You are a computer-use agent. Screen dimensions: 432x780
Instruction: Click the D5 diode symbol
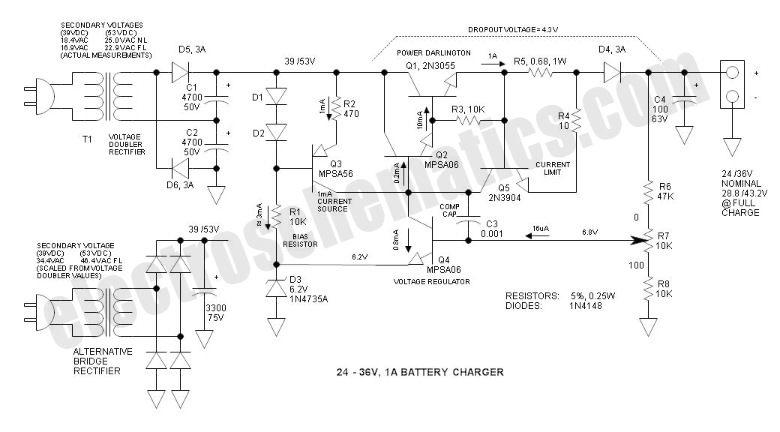point(180,72)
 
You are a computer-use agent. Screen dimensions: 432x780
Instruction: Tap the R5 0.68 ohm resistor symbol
point(539,73)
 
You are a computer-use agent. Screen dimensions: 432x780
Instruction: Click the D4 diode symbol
point(612,72)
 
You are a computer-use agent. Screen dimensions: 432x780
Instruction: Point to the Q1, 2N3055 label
point(430,65)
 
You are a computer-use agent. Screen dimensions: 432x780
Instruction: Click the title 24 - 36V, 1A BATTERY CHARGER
point(420,372)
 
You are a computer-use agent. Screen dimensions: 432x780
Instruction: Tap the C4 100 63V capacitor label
point(660,109)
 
